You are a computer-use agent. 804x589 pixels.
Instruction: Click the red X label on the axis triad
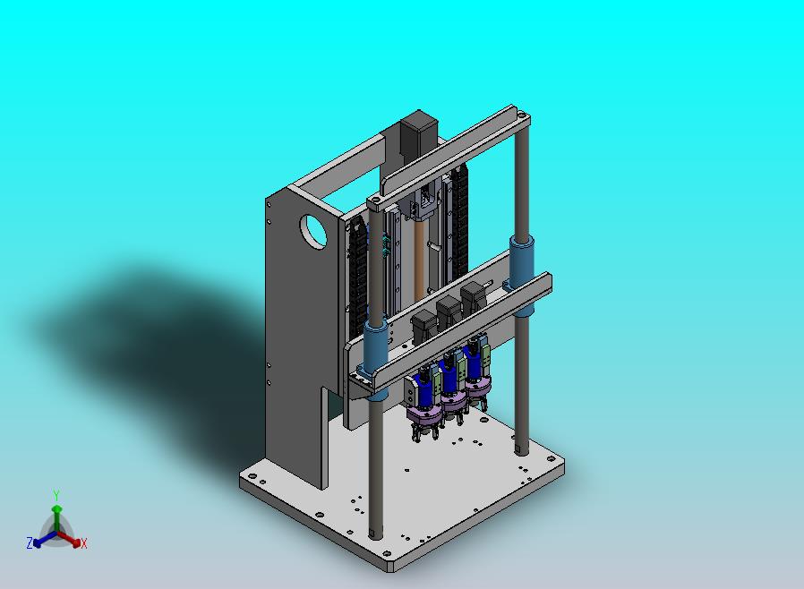click(x=84, y=544)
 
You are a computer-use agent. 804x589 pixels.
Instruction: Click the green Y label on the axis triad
click(x=56, y=495)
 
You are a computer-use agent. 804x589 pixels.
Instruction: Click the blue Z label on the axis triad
click(x=30, y=542)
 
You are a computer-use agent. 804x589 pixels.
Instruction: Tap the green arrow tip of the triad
click(x=57, y=508)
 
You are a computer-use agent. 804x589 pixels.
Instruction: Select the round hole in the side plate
click(x=312, y=232)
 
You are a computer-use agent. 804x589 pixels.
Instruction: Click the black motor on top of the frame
click(x=418, y=136)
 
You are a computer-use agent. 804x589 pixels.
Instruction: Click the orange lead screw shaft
click(x=419, y=261)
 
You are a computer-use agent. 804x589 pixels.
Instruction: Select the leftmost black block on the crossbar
click(x=424, y=326)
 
